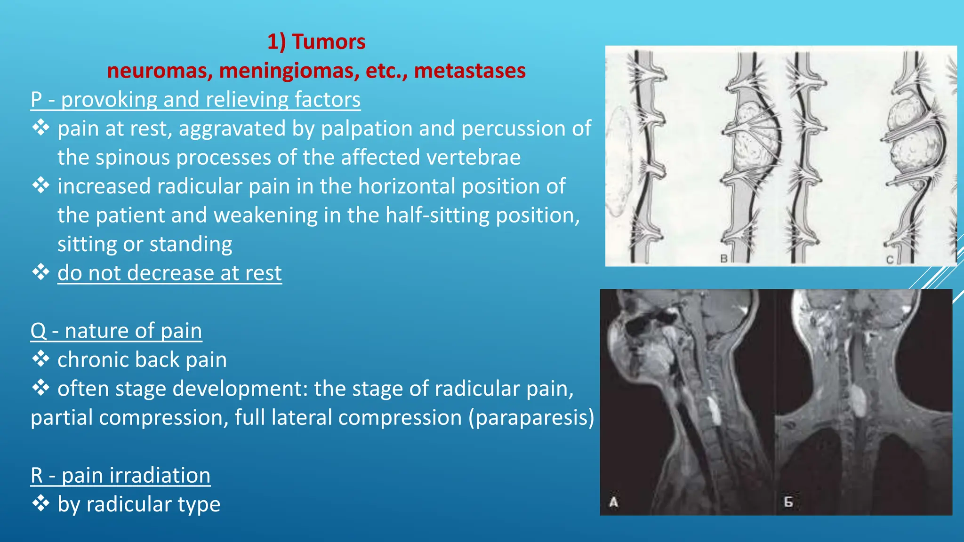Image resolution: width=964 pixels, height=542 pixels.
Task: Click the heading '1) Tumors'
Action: (316, 42)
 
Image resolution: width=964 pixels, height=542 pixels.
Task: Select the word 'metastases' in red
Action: (469, 71)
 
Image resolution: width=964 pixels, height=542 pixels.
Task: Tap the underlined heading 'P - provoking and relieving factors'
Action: (195, 100)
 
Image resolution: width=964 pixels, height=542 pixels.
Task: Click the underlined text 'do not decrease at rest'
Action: (169, 273)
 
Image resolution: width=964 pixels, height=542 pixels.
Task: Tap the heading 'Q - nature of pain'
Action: (116, 331)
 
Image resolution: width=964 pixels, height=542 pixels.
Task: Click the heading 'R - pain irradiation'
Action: (120, 475)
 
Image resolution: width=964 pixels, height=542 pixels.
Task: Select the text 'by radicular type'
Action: (139, 504)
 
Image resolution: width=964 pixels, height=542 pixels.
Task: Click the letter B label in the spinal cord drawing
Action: (724, 258)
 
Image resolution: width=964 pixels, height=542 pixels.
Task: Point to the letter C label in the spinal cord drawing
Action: (889, 260)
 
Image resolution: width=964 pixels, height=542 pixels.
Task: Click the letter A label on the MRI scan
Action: (613, 502)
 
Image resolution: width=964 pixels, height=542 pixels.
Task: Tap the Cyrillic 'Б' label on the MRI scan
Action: (788, 502)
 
